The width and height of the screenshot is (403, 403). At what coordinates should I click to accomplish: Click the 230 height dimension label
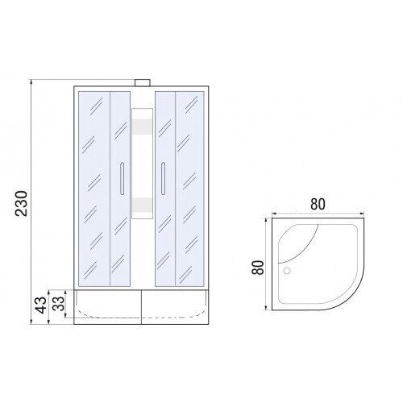tap(22, 203)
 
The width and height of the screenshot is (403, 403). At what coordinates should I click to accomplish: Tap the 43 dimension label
tap(41, 305)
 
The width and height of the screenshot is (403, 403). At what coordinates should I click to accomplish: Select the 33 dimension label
tap(58, 303)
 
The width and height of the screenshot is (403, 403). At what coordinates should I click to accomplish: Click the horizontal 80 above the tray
tap(318, 204)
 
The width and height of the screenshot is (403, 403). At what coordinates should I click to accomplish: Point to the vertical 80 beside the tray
tap(258, 268)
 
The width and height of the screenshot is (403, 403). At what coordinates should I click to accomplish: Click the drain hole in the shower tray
tap(287, 271)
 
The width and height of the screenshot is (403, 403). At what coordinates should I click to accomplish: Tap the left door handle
tap(122, 178)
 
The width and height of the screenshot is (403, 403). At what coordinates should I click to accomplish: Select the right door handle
tap(163, 178)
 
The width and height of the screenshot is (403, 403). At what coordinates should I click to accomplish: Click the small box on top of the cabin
tap(143, 83)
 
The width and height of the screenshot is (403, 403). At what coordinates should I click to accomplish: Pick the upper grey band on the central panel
tap(143, 126)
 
